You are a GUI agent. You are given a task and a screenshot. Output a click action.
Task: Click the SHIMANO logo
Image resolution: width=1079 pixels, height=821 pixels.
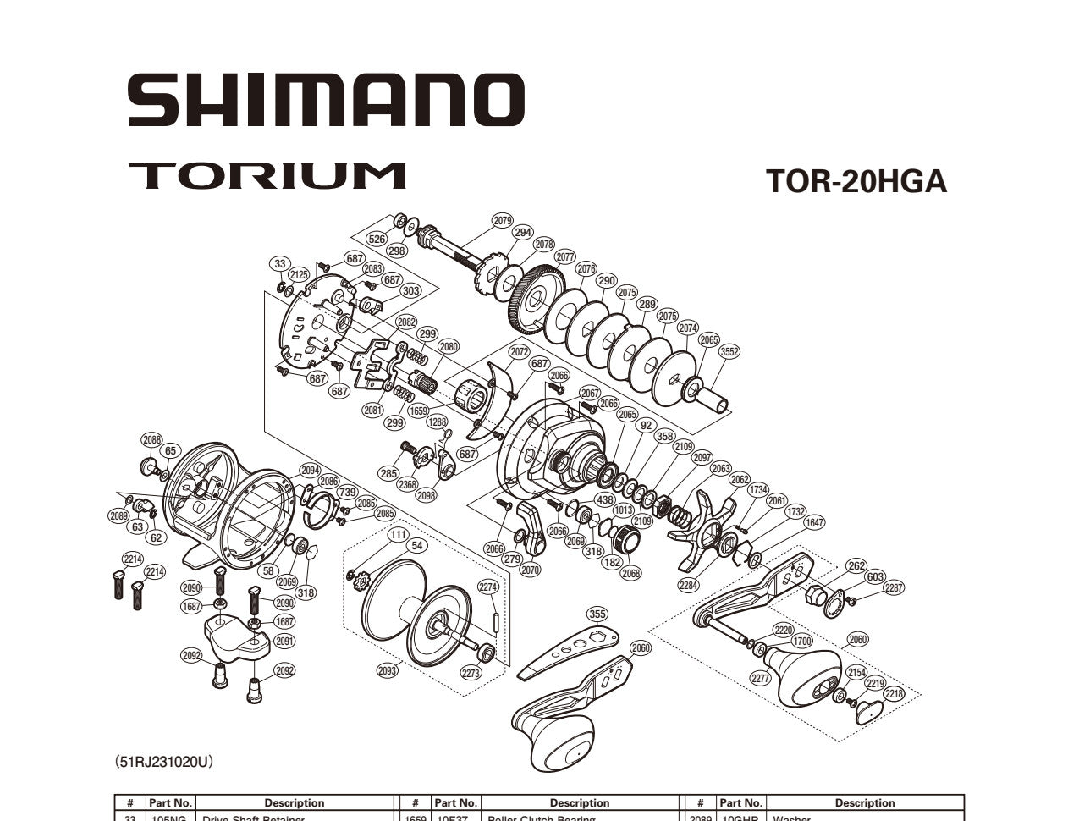click(326, 100)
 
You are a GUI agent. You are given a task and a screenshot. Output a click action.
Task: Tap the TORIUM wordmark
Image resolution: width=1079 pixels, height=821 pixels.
click(267, 175)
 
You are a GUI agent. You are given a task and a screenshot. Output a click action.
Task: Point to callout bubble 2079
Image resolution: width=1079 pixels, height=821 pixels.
click(503, 221)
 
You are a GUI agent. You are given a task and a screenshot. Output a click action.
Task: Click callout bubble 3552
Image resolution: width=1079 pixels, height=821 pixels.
click(729, 352)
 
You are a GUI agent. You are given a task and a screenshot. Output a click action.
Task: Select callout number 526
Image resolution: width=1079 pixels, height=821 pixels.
click(377, 240)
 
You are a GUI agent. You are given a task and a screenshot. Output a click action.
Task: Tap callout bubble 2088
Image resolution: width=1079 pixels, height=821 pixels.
click(151, 439)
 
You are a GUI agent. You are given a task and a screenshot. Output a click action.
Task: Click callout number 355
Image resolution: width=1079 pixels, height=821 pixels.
click(597, 614)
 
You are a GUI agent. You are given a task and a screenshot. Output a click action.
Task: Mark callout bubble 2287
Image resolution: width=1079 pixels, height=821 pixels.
click(894, 588)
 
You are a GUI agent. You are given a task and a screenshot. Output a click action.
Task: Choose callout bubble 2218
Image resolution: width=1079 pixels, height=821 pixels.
click(894, 694)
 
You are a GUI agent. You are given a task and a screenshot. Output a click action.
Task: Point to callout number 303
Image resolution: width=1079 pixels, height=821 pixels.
click(410, 291)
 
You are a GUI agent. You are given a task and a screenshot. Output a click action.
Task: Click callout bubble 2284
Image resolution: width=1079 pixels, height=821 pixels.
click(689, 584)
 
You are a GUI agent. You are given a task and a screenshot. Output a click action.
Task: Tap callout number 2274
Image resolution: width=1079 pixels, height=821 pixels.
click(488, 587)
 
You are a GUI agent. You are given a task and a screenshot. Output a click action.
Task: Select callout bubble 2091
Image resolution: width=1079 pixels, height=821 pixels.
click(284, 642)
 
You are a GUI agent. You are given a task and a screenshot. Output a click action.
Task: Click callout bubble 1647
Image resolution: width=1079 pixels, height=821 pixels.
click(814, 523)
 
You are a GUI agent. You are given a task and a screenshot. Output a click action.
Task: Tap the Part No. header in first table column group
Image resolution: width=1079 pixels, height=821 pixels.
click(170, 802)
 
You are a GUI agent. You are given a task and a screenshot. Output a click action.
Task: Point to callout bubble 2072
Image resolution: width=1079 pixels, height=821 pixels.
click(520, 351)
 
